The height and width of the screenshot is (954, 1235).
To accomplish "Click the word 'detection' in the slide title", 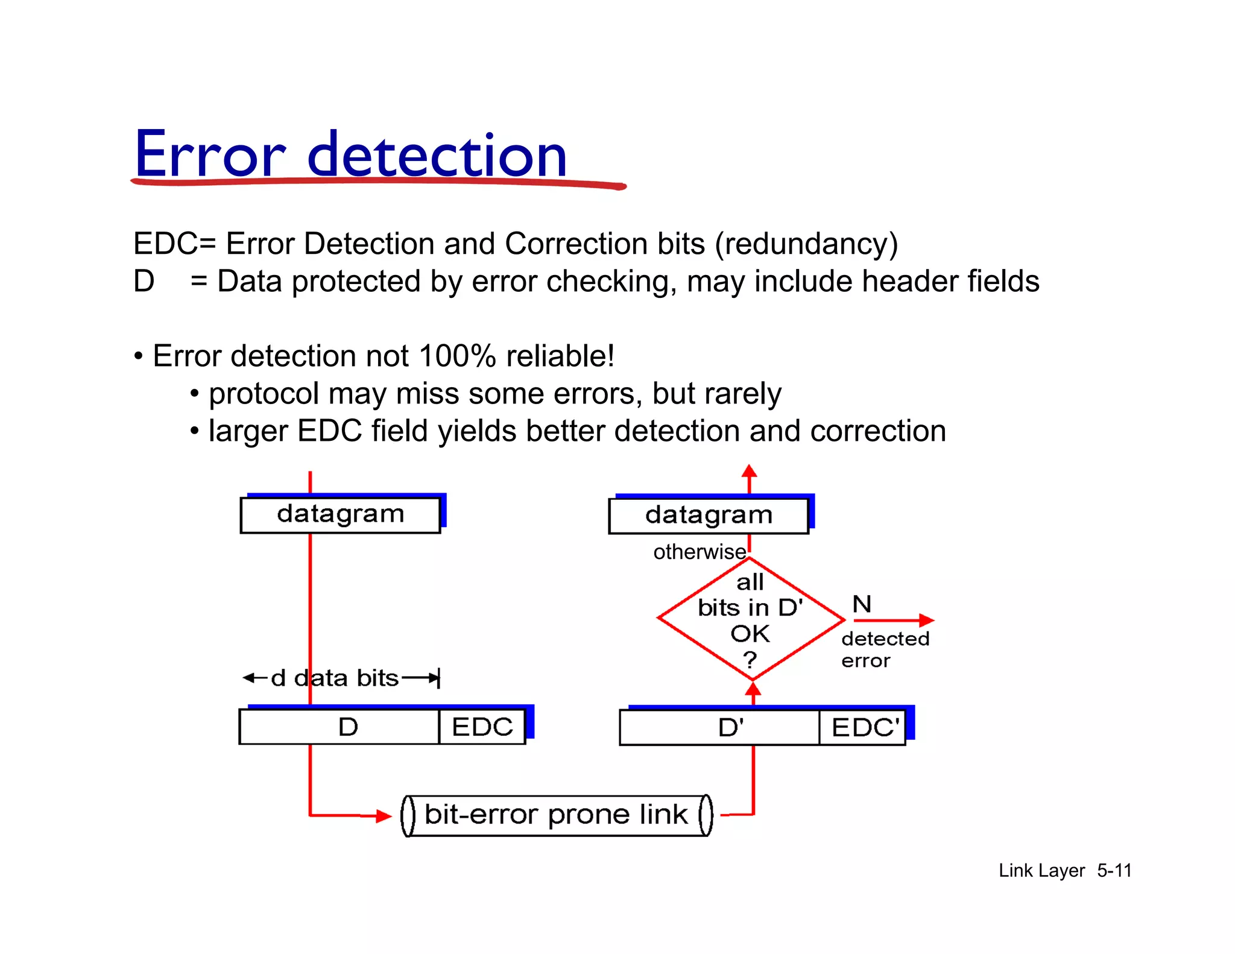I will point(437,156).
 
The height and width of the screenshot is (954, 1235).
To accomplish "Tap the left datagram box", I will point(340,514).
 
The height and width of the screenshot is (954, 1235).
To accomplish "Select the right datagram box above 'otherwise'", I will point(709,516).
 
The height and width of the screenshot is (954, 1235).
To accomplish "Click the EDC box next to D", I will point(482,727).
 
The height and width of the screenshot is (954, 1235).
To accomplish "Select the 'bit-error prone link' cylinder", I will point(556,815).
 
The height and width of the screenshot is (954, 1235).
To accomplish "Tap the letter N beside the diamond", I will point(862,604).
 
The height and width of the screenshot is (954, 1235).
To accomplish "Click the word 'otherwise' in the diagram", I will point(700,552).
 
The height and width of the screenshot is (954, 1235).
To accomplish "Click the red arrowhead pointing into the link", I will point(384,816).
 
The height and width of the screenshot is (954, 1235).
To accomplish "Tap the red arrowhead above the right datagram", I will point(749,471).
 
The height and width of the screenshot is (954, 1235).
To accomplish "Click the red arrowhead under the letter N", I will point(926,620).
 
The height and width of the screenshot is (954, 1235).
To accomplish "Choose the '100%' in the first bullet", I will point(458,356).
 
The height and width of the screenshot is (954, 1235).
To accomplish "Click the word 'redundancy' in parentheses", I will point(806,244).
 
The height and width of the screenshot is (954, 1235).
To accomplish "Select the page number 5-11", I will point(1114,870).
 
